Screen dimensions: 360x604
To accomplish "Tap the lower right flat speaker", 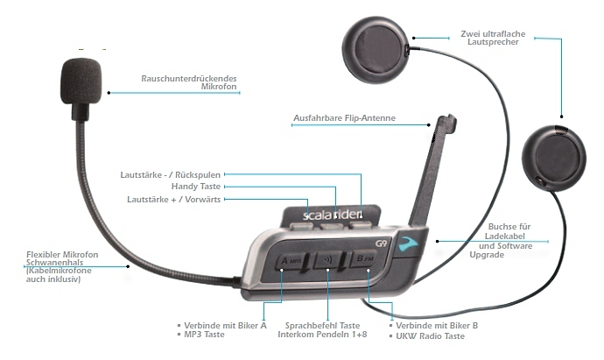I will (555, 159).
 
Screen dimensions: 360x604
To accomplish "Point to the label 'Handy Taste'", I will (198, 187).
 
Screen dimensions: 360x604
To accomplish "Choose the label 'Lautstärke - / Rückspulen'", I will (170, 175).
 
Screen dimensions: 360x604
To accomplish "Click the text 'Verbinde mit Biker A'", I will (215, 324).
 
